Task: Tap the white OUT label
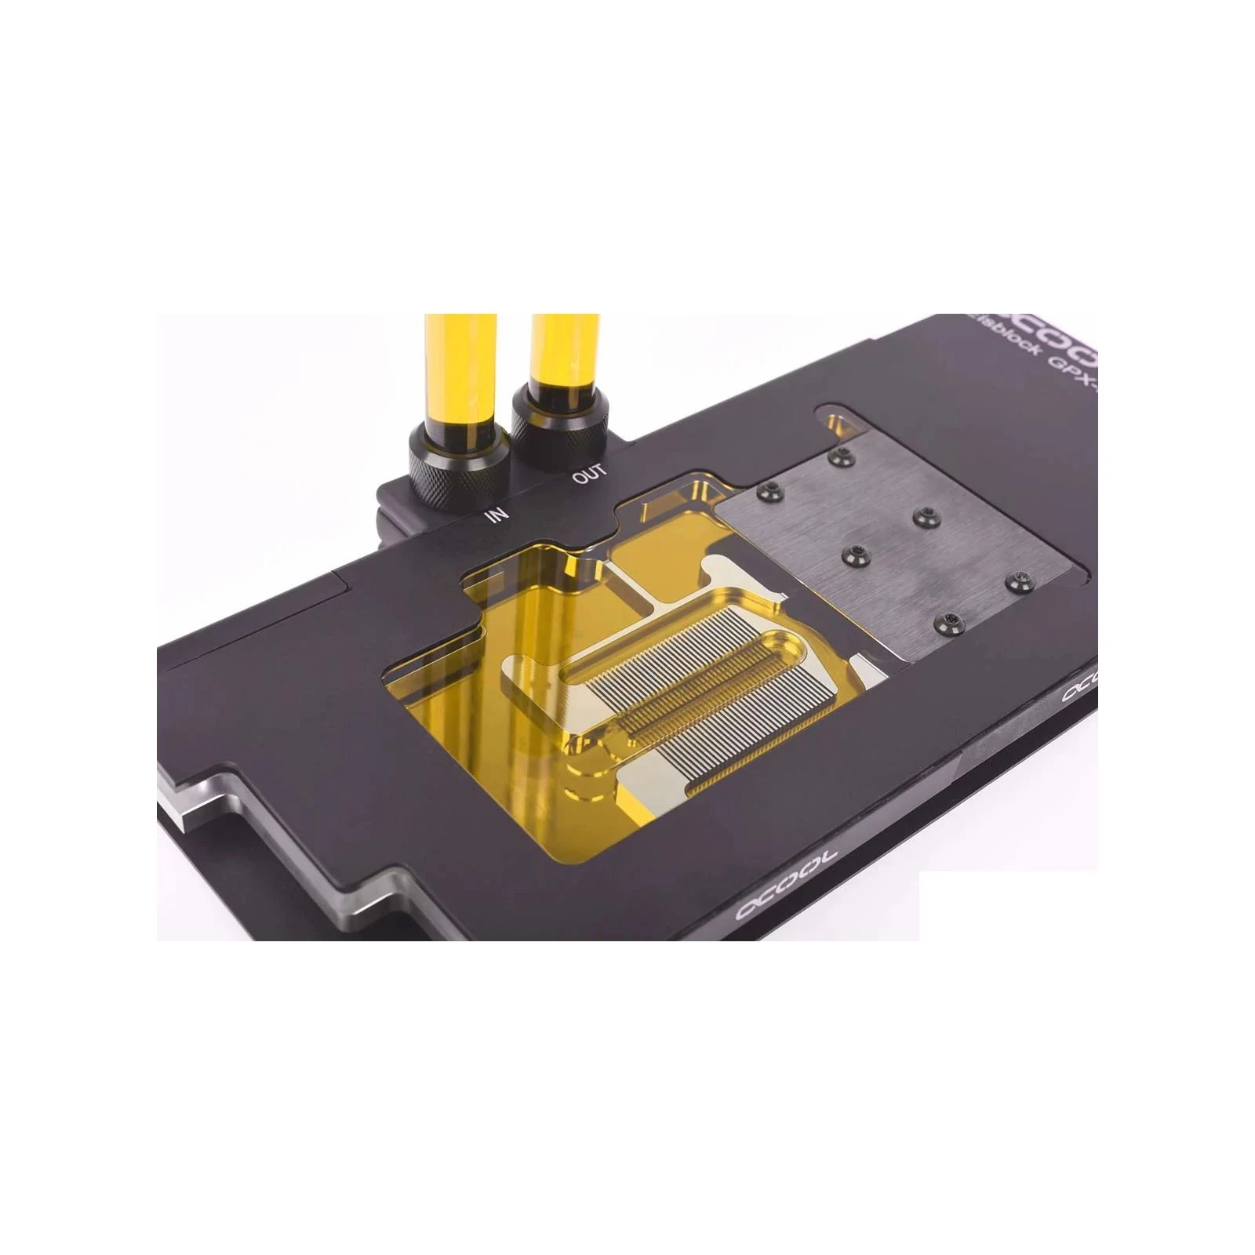589,475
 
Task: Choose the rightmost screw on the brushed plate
1019,581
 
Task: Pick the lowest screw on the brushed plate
948,622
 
